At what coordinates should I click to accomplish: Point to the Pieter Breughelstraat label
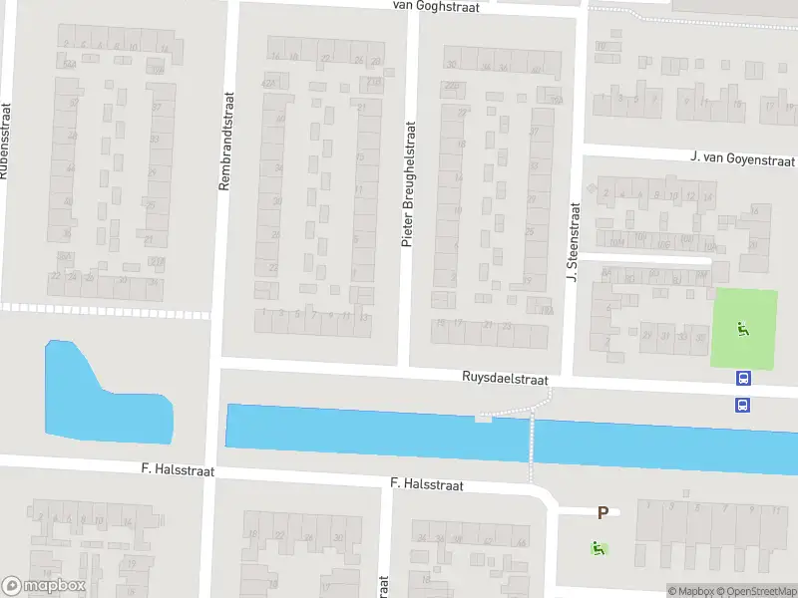(407, 192)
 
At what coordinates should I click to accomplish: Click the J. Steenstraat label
(573, 242)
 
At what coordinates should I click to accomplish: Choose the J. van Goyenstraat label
(741, 159)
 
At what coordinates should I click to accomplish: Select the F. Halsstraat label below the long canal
(427, 484)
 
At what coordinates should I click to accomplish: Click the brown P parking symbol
(602, 513)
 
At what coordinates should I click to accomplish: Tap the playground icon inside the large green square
(741, 328)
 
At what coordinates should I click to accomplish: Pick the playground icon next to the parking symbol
(598, 546)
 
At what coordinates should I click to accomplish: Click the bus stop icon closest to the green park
(743, 378)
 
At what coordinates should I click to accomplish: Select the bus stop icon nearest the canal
(743, 405)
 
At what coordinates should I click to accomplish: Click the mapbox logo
(44, 586)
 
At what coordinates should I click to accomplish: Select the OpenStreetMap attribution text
(752, 591)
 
